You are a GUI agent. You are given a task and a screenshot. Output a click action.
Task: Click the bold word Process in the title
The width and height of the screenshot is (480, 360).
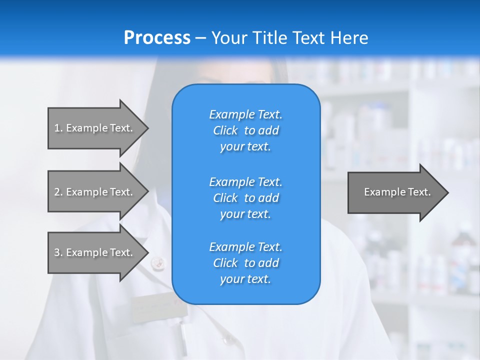(x=157, y=38)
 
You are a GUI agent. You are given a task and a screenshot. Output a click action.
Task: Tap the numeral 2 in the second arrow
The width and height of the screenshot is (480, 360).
(x=57, y=192)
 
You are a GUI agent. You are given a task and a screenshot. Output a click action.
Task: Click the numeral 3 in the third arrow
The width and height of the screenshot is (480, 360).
(x=57, y=252)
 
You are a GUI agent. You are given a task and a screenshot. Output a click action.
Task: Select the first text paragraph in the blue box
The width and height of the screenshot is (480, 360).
(x=245, y=130)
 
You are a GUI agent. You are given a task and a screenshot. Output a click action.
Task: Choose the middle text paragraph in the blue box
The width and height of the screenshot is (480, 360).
(x=245, y=198)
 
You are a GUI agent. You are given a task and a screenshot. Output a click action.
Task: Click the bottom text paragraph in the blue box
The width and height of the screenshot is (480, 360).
(x=245, y=263)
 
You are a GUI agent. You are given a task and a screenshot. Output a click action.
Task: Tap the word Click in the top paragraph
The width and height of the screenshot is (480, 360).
(x=225, y=130)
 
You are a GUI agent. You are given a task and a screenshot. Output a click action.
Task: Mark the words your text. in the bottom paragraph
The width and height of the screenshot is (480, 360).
(x=245, y=279)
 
